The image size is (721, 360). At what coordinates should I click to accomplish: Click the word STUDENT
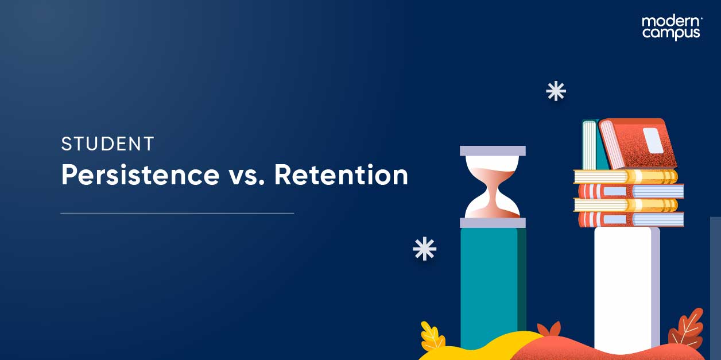click(107, 144)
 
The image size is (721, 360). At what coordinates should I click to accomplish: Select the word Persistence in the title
click(140, 175)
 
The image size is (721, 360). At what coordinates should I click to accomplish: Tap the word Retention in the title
click(341, 175)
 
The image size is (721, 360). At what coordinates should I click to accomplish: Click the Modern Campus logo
click(671, 27)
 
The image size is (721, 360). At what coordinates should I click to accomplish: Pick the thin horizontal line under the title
click(177, 214)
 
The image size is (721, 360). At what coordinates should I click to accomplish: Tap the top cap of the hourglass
click(493, 151)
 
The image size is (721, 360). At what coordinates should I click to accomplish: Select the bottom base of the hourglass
click(493, 223)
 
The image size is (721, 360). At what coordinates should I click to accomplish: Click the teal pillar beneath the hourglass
click(489, 281)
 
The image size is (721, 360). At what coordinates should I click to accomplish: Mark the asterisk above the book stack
click(556, 91)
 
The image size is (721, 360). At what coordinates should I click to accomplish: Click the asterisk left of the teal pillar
click(425, 249)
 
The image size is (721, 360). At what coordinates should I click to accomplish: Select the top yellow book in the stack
click(626, 176)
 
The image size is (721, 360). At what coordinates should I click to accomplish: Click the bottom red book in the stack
click(630, 219)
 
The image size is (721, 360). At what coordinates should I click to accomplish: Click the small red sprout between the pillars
click(549, 330)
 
